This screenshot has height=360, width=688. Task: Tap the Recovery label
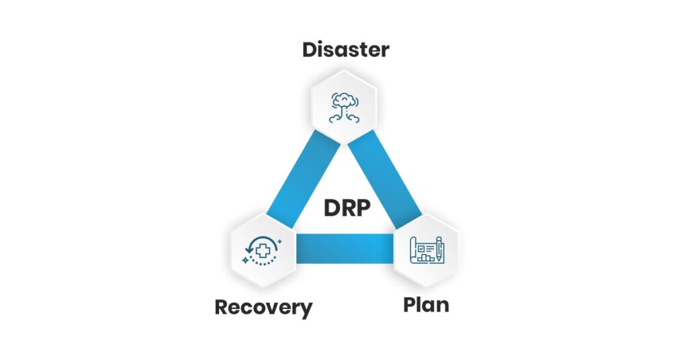point(263,308)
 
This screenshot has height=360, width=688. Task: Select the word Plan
point(426,305)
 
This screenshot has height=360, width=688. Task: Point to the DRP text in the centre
point(347,208)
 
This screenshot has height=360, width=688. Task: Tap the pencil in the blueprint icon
point(439,248)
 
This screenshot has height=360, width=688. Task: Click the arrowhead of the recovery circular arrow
point(250,250)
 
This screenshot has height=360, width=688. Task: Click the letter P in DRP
point(361,208)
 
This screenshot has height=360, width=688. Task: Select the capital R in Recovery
point(222,308)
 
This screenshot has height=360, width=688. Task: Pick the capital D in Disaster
point(310,50)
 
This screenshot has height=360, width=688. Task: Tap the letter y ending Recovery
point(306,310)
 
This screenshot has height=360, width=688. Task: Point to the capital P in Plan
point(410,305)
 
